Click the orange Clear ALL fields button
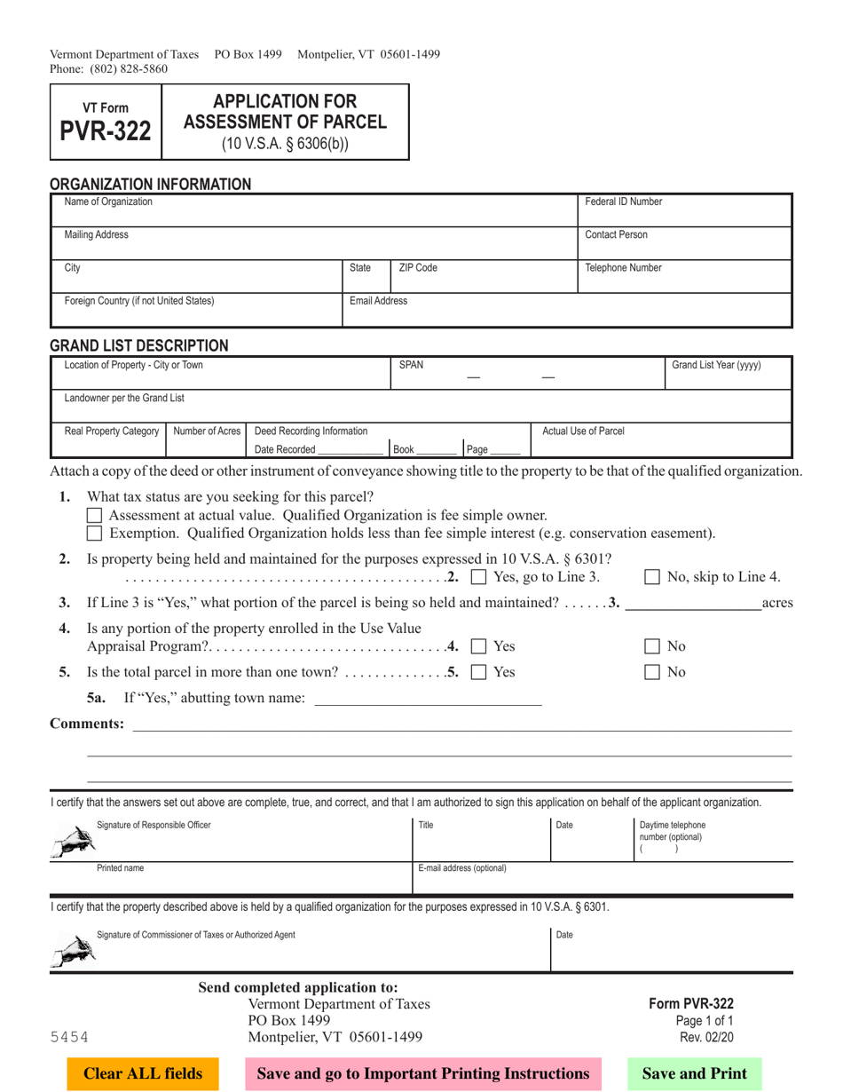pos(143,1073)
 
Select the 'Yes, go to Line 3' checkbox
pos(478,579)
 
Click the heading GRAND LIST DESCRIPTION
pos(138,344)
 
